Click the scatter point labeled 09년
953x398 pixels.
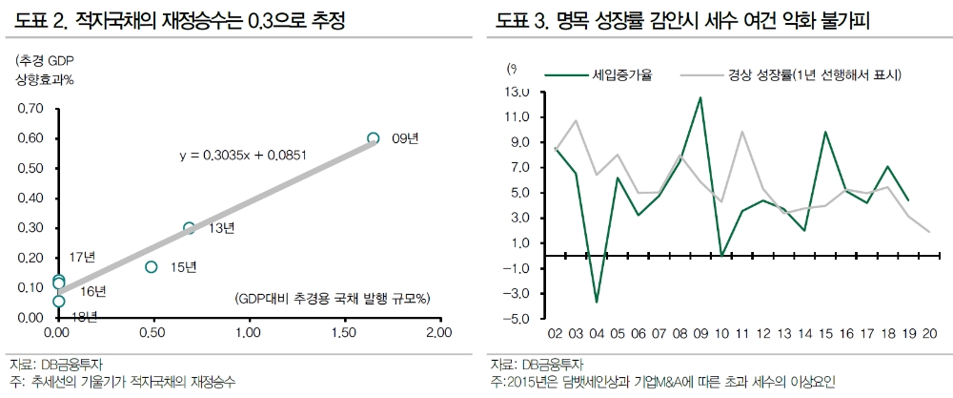coord(374,138)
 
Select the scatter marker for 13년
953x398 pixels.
coord(189,228)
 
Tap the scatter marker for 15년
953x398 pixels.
coord(151,267)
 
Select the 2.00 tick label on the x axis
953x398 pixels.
coord(438,334)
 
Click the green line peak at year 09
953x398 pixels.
coord(700,97)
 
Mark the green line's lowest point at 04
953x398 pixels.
coord(597,302)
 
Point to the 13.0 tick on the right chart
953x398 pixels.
coord(517,93)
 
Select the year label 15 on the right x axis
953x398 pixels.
coord(825,334)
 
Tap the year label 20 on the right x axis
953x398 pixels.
coord(928,334)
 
